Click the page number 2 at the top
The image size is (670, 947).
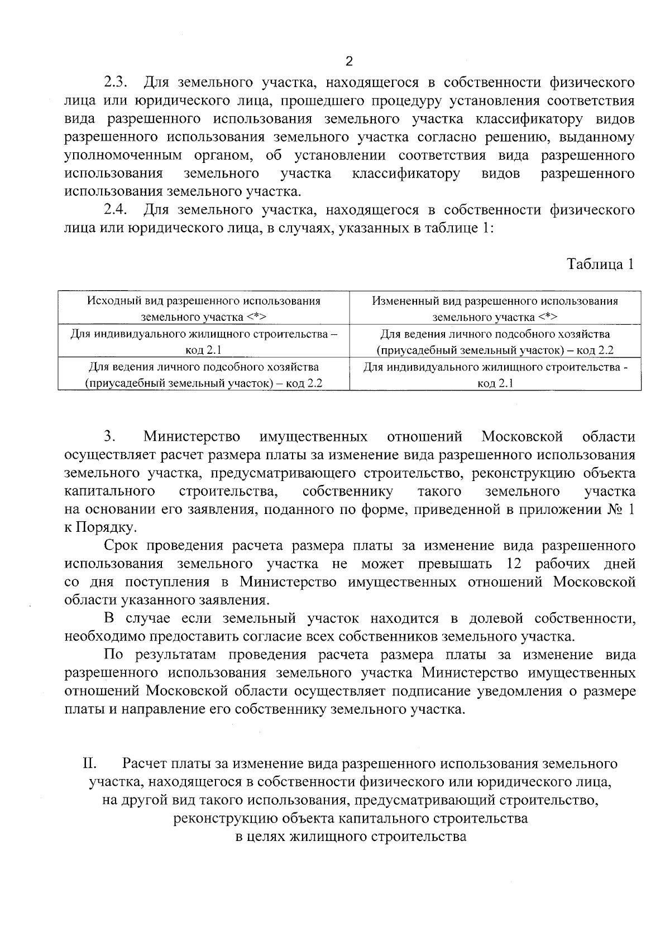pos(350,61)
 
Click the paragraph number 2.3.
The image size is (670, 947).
pos(116,83)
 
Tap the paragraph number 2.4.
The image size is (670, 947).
pos(116,210)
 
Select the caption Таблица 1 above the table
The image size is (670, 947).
pos(600,263)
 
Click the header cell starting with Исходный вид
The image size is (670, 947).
pos(203,309)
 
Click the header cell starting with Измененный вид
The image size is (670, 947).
pos(495,309)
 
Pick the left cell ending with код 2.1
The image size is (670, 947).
pos(203,342)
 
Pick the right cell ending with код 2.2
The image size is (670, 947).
pos(495,342)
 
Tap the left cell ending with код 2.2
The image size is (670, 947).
pos(203,375)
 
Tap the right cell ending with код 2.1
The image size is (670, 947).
pos(495,375)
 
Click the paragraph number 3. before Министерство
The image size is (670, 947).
pos(109,436)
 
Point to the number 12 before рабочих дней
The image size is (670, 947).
pos(512,564)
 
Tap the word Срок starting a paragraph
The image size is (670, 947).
pos(122,545)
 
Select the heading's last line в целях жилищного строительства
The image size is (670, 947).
pos(350,837)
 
